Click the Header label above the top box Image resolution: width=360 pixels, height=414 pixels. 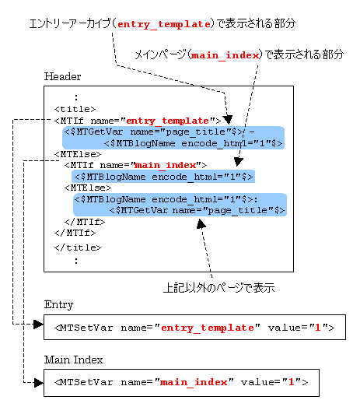[x=62, y=76]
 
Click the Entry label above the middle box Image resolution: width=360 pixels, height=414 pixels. [x=58, y=305]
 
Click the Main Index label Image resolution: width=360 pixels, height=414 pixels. [x=73, y=360]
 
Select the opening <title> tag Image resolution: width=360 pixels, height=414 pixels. [x=75, y=109]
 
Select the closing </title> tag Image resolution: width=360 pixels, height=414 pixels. [x=78, y=247]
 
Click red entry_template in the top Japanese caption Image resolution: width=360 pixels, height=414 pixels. [x=164, y=25]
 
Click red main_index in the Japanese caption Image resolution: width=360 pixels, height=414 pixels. [x=225, y=55]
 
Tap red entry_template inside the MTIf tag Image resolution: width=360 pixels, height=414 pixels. [x=167, y=121]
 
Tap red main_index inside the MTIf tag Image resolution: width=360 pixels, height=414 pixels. [x=166, y=165]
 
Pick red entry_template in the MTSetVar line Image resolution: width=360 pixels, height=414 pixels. [x=208, y=328]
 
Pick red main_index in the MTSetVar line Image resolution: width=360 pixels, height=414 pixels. [x=194, y=382]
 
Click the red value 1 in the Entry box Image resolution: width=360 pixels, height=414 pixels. [x=318, y=328]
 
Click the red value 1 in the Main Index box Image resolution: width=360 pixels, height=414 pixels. [x=291, y=382]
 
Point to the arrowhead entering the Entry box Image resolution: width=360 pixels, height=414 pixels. [x=39, y=324]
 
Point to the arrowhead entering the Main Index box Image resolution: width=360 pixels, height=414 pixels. [x=39, y=382]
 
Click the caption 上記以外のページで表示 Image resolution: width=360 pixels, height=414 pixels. [x=219, y=287]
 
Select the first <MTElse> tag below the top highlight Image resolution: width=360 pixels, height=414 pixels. [x=78, y=154]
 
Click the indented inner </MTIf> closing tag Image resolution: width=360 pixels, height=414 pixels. [x=85, y=222]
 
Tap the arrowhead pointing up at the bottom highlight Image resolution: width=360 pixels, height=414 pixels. [x=201, y=224]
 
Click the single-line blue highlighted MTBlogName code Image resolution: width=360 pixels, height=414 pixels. [x=163, y=177]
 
